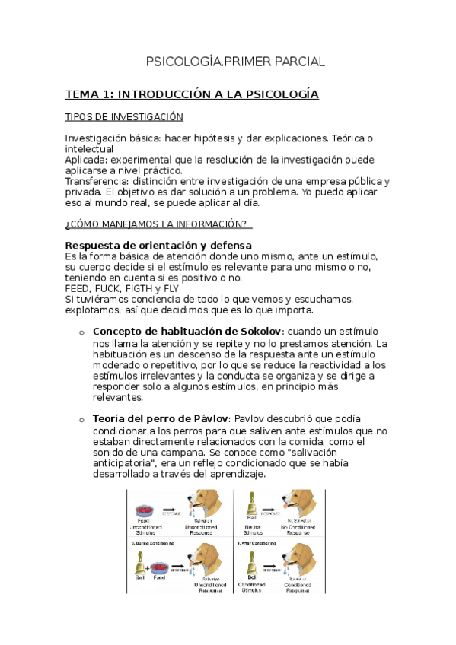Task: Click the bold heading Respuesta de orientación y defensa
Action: [158, 245]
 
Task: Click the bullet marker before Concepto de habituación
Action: [81, 332]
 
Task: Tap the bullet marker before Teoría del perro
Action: [81, 420]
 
